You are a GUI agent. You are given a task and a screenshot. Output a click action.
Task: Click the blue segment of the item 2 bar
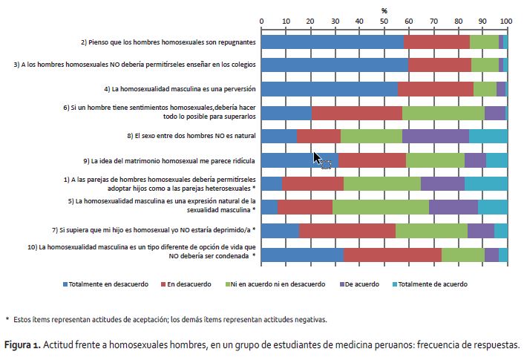[333, 42]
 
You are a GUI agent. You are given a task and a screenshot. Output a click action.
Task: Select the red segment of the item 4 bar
[436, 89]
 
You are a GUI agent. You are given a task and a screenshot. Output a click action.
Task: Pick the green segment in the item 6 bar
[443, 113]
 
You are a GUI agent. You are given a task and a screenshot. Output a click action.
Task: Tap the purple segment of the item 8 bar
[436, 136]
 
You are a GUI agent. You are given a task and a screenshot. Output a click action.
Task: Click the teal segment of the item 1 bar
[486, 184]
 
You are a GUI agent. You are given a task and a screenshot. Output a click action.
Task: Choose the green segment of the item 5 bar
[381, 207]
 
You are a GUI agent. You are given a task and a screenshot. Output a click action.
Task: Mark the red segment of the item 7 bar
[347, 231]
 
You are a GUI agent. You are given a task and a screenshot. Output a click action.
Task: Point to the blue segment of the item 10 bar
[302, 255]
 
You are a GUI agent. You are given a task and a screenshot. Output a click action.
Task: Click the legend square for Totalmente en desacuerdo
[65, 284]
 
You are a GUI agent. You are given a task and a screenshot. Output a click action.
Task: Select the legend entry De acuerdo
[359, 284]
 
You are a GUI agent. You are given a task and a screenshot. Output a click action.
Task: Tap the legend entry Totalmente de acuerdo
[430, 284]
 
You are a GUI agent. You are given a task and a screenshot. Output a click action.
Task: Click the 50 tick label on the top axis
[384, 22]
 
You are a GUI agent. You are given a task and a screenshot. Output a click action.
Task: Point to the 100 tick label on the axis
[506, 22]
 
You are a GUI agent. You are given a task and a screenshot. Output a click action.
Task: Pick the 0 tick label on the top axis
[261, 22]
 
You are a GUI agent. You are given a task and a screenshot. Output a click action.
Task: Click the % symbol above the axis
[384, 11]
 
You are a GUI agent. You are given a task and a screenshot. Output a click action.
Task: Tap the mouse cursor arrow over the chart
[317, 158]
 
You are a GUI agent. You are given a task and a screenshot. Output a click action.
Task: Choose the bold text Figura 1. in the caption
[22, 344]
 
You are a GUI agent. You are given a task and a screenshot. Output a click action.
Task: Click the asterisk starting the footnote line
[7, 318]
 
